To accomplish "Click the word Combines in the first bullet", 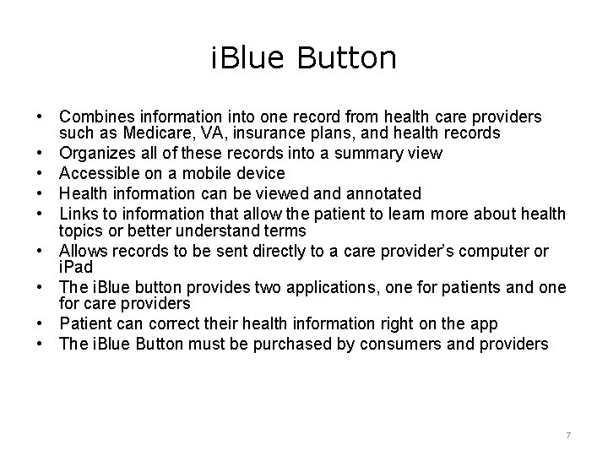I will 92,116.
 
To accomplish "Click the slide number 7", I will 568,434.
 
